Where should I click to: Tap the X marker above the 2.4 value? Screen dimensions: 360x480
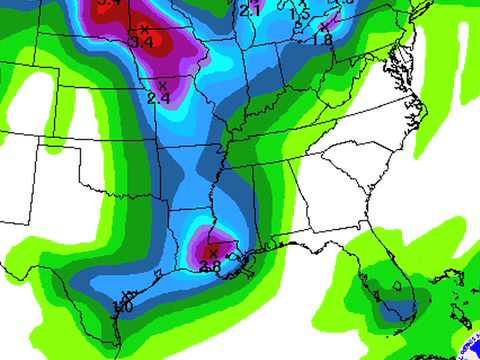point(162,86)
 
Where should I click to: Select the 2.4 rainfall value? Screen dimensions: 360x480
point(158,98)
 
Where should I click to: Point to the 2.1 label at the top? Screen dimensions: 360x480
point(250,11)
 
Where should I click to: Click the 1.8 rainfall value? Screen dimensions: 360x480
point(322,39)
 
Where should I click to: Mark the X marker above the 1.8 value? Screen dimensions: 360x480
point(324,27)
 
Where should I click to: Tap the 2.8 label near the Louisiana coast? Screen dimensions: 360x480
point(210,266)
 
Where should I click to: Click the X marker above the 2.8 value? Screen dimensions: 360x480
point(212,253)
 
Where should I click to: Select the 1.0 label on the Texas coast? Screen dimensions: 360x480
point(124,306)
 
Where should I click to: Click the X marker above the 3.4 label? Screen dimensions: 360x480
point(146,29)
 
